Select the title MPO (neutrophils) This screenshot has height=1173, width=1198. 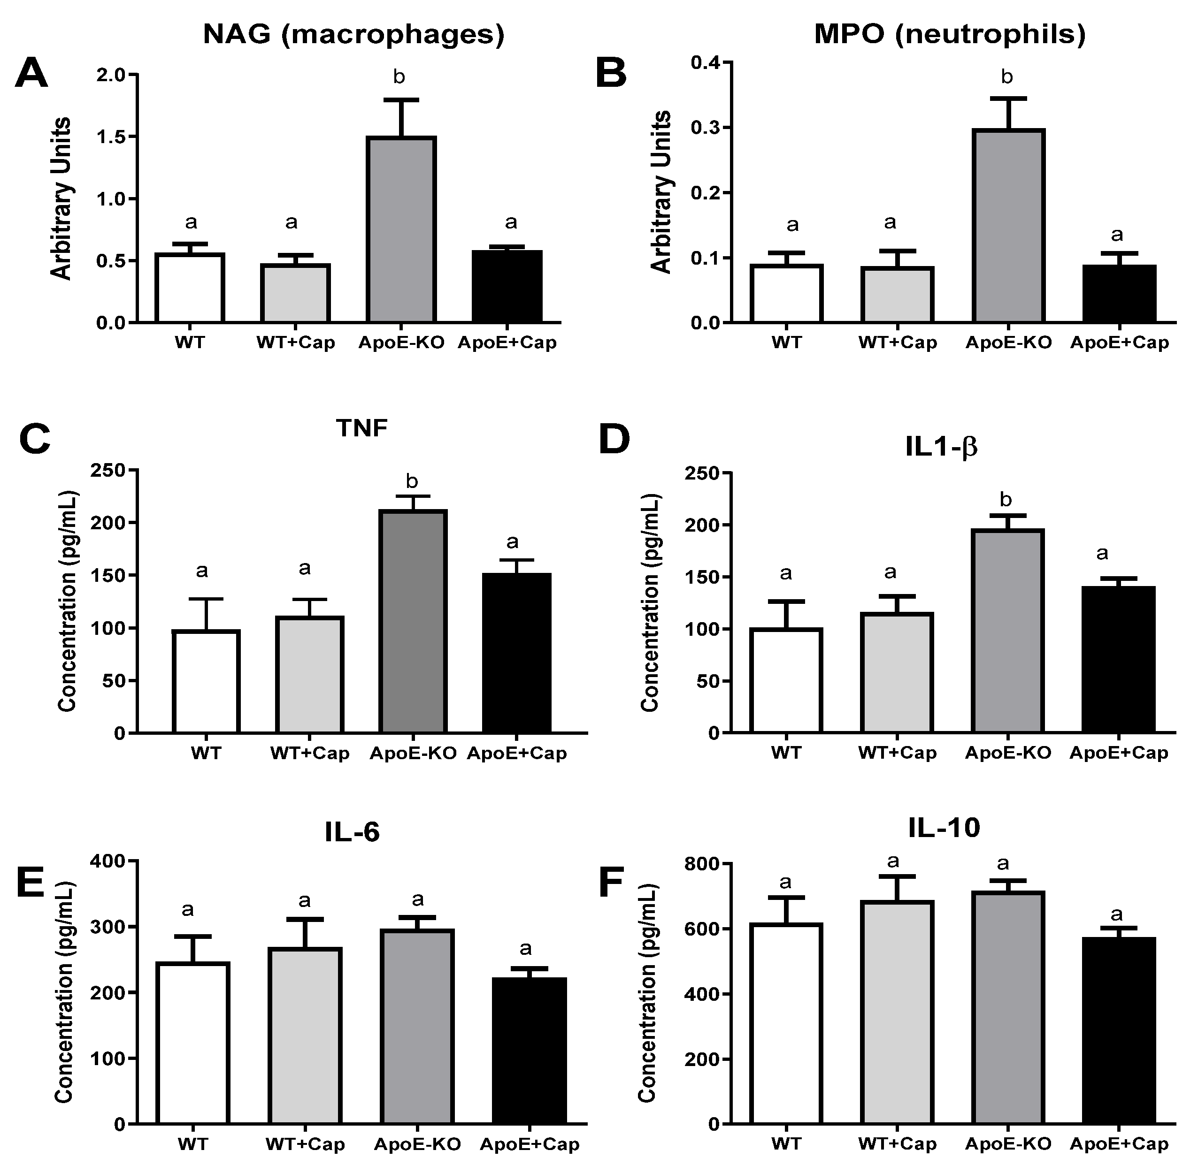click(950, 35)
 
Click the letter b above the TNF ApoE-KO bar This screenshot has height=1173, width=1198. click(412, 480)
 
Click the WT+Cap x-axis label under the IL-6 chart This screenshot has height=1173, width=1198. click(305, 1145)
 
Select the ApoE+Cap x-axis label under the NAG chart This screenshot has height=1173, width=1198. click(507, 343)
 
